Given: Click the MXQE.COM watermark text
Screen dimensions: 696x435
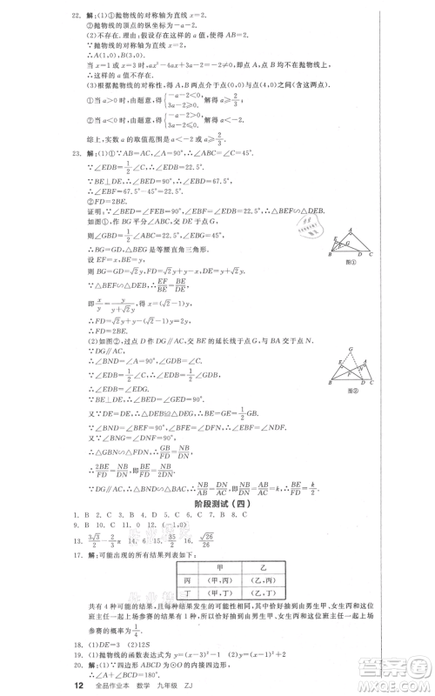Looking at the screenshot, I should coord(396,679).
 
